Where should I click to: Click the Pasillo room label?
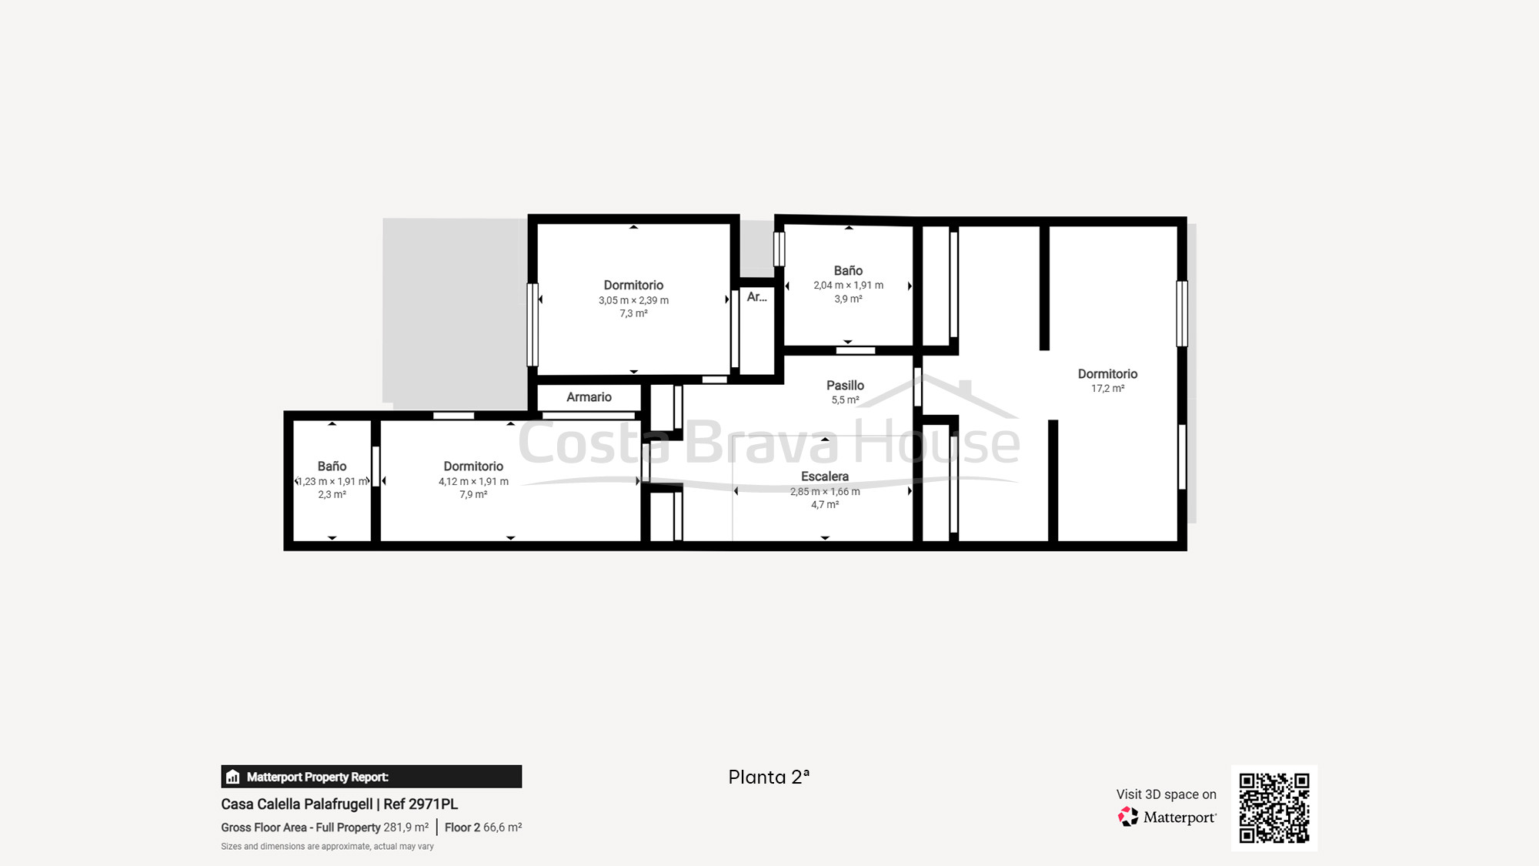[x=845, y=385]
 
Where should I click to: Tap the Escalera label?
[x=825, y=476]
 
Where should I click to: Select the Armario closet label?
[x=589, y=397]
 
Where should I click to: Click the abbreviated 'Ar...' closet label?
[x=756, y=296]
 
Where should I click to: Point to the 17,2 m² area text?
[x=1107, y=389]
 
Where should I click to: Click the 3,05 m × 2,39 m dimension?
[x=633, y=300]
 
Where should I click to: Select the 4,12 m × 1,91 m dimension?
[x=473, y=482]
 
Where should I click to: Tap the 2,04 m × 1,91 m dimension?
[x=848, y=285]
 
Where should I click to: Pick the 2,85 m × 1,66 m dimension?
[x=825, y=491]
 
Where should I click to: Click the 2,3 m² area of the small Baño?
[x=332, y=495]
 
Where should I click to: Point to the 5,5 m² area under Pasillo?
[x=845, y=400]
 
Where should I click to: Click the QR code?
[x=1274, y=808]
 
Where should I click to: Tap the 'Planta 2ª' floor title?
[x=769, y=777]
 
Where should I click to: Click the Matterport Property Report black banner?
[x=371, y=777]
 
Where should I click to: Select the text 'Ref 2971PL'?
[x=420, y=804]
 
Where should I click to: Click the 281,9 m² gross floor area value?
[x=406, y=828]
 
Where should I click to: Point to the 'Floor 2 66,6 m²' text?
[x=483, y=828]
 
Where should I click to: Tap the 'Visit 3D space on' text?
[x=1166, y=794]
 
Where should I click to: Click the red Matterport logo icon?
[x=1128, y=817]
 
